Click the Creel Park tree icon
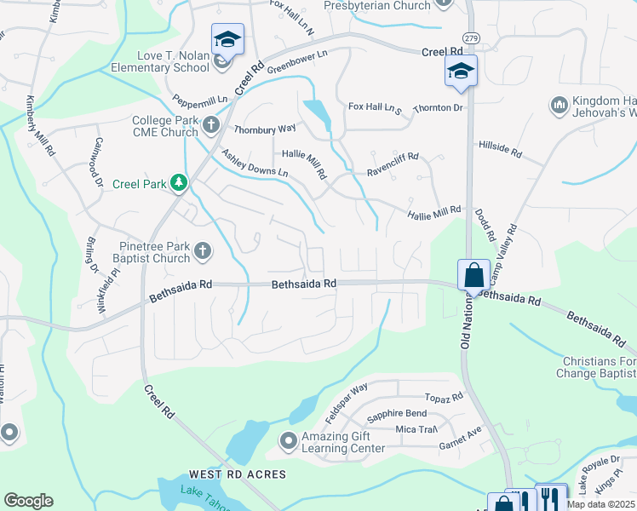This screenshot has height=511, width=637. (178, 182)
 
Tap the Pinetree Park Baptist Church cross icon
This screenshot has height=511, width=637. (202, 250)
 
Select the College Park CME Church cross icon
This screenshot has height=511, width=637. (212, 127)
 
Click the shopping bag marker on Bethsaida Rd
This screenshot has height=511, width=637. (473, 275)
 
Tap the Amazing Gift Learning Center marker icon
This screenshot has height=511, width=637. (288, 440)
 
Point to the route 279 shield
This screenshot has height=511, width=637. (470, 39)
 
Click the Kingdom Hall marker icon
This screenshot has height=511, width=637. (560, 106)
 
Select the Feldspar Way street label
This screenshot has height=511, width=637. (346, 404)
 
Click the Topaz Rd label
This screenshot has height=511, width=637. (445, 397)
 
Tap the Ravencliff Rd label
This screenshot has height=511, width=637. (393, 158)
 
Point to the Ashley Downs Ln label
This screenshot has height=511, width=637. (254, 163)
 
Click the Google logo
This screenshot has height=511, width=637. (28, 501)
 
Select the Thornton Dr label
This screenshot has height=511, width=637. (438, 109)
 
